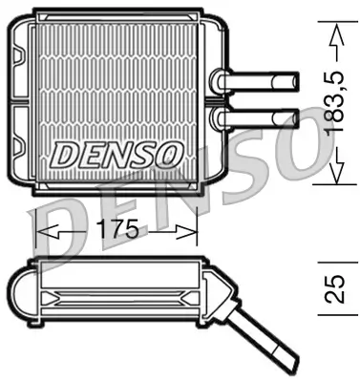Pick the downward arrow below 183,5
point(334,170)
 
